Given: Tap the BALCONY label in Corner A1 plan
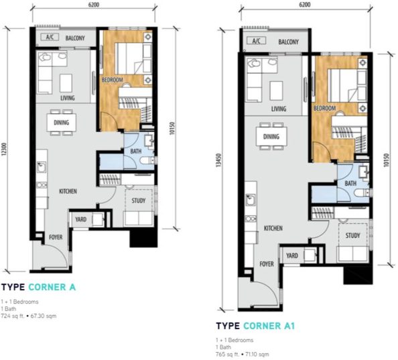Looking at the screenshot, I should pos(287,42).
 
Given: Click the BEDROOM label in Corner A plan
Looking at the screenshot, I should pos(112,80).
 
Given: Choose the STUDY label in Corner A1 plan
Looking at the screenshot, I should pos(352,236).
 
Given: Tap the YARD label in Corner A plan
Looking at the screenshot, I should pos(80,219).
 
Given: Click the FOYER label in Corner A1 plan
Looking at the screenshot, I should pos(267,264).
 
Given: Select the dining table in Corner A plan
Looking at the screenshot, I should pos(61,123).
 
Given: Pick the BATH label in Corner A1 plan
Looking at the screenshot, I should pos(350,184).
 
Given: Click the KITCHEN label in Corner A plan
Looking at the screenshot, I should pos(68,192).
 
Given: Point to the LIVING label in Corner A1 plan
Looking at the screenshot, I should pos(279,109).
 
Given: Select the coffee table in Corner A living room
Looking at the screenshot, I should pos(67,82).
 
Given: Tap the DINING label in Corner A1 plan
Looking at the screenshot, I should pos(271,137).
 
